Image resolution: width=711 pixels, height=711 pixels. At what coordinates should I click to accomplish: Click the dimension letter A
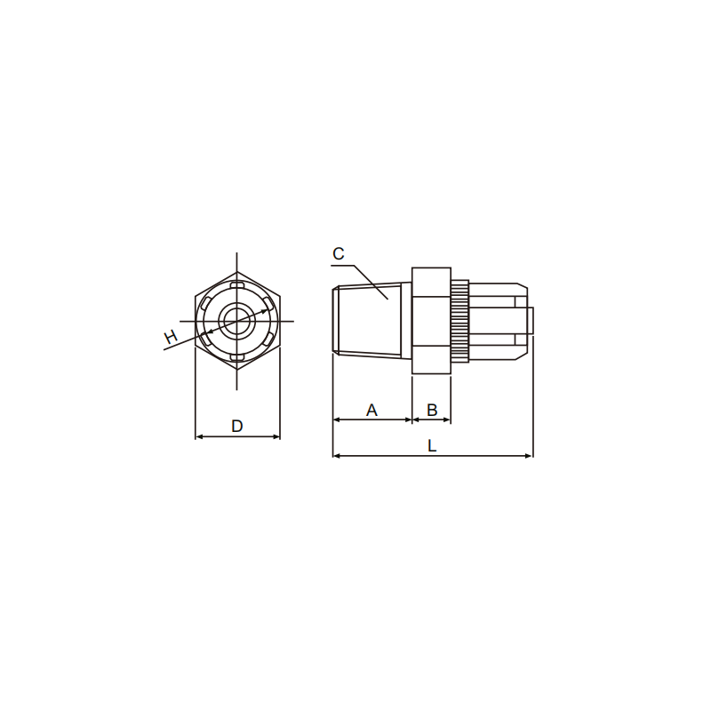pyautogui.click(x=371, y=410)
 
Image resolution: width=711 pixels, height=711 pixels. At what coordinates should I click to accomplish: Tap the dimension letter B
pyautogui.click(x=432, y=410)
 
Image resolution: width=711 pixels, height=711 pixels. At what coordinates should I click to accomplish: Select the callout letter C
pyautogui.click(x=339, y=253)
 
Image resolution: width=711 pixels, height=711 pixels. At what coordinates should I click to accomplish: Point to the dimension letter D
pyautogui.click(x=237, y=426)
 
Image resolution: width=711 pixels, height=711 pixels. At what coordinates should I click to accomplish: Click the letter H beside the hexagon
pyautogui.click(x=171, y=338)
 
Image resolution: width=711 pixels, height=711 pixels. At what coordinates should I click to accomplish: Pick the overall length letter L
pyautogui.click(x=432, y=446)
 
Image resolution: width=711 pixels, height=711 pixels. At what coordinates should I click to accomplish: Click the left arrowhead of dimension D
pyautogui.click(x=198, y=436)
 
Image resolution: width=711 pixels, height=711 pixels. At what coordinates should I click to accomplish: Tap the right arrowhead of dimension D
pyautogui.click(x=276, y=436)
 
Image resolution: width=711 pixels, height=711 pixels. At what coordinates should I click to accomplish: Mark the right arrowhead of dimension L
pyautogui.click(x=529, y=456)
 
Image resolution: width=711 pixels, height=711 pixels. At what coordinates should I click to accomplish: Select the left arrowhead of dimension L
pyautogui.click(x=337, y=456)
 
